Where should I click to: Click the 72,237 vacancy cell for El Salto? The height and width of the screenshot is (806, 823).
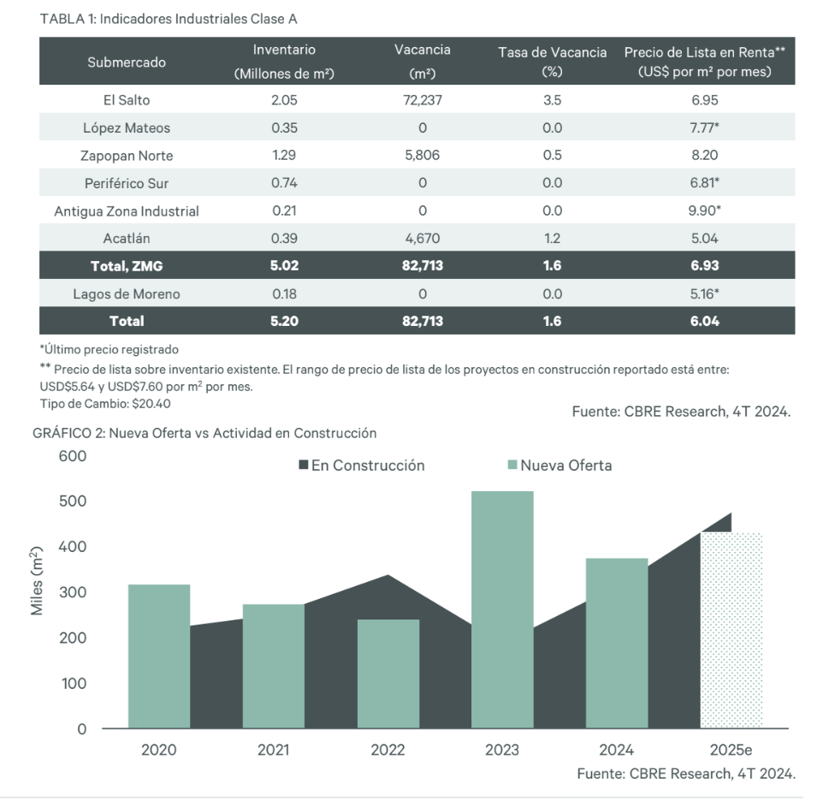coord(423,100)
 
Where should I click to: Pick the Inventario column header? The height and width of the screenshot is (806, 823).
coord(285,61)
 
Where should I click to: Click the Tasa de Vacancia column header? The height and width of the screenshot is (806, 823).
coord(553,62)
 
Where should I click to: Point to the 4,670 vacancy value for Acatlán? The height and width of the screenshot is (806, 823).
coord(423,239)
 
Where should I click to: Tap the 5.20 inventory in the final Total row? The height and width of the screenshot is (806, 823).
coord(285,322)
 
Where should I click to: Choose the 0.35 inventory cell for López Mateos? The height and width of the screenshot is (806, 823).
coord(285,128)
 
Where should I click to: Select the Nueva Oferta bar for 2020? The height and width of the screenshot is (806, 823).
coord(159,656)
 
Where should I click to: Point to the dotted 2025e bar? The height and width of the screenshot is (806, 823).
coord(731,631)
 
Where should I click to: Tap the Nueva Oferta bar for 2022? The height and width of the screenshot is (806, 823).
coord(388,673)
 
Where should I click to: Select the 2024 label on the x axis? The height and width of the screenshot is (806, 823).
coord(616,750)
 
